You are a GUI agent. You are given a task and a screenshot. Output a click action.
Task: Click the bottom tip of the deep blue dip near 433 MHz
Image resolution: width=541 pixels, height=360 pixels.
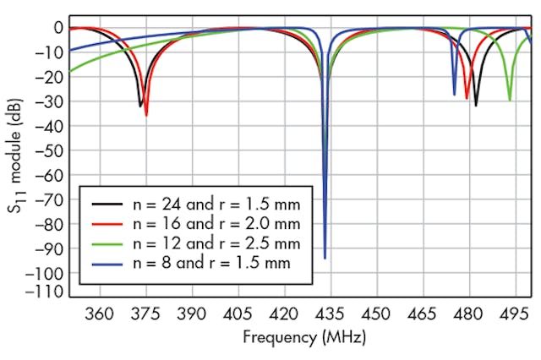pos(325,258)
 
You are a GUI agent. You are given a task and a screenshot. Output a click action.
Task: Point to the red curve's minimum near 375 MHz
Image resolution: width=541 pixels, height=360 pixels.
pos(146,114)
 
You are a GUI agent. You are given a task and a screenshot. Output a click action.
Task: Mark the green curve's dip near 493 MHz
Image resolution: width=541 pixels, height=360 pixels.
pos(509,100)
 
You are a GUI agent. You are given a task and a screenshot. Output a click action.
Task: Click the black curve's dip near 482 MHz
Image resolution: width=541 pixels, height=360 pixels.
pos(476,105)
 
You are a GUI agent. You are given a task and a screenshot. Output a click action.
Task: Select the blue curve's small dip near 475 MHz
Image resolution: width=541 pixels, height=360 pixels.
pos(454,94)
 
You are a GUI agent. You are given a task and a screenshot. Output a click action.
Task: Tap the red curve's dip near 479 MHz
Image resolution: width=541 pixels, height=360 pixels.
pos(467,98)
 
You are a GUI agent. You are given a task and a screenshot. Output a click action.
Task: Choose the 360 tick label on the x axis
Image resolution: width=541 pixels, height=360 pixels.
pos(100,312)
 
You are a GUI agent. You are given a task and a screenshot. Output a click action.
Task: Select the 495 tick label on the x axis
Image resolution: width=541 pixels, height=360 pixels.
pos(514,312)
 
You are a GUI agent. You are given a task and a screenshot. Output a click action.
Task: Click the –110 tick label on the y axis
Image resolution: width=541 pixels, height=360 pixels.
pos(46,292)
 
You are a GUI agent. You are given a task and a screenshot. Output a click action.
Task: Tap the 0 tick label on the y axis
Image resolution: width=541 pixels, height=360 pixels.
pos(57,27)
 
